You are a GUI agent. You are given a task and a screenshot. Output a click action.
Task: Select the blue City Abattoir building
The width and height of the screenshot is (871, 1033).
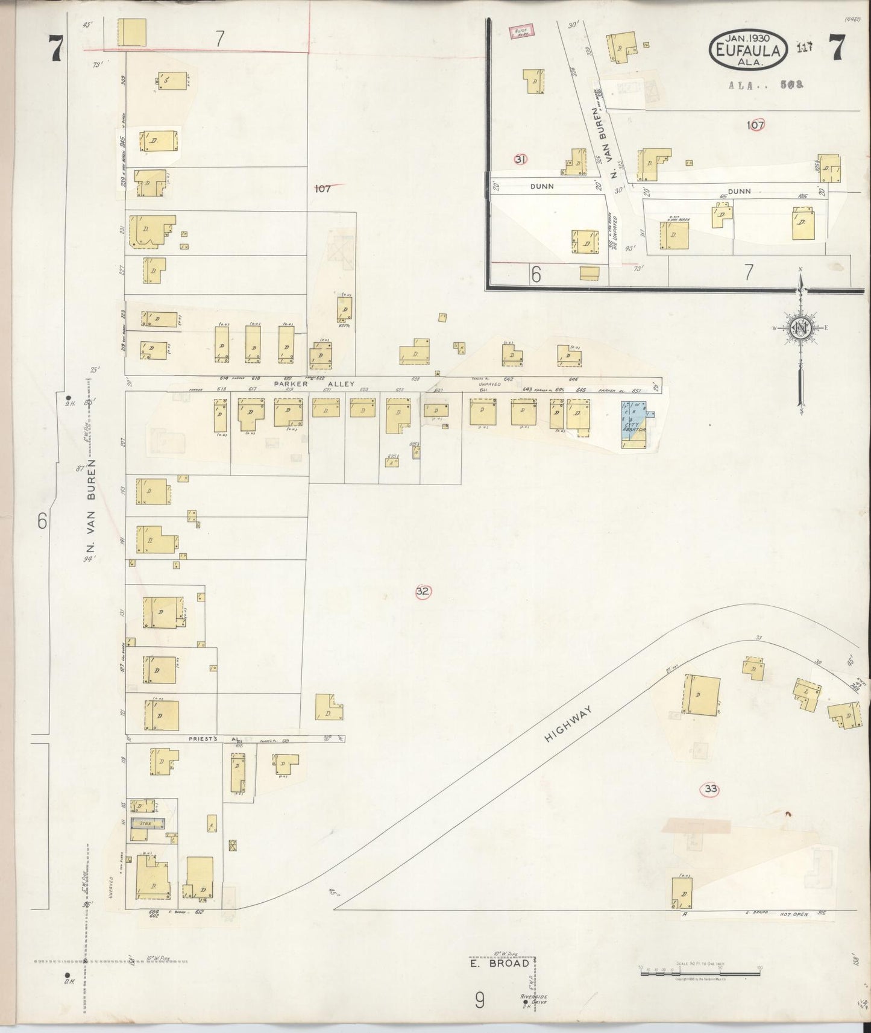634,425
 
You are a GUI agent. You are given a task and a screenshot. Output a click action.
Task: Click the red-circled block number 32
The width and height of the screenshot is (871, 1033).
423,591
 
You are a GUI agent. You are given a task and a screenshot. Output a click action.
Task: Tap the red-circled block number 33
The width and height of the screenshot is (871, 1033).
711,789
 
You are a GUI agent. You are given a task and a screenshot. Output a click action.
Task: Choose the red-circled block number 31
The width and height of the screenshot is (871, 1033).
521,159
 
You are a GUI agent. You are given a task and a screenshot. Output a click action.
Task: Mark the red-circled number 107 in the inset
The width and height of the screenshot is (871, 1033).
755,125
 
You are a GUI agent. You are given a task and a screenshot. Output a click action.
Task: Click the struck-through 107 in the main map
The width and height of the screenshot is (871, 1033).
323,189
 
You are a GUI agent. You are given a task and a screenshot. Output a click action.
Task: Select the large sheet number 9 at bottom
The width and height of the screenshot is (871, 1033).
479,1001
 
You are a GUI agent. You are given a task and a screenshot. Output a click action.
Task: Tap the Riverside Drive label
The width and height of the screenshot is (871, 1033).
533,1000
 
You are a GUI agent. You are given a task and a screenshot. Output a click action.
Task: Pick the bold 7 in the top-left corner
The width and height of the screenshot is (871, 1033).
56,49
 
